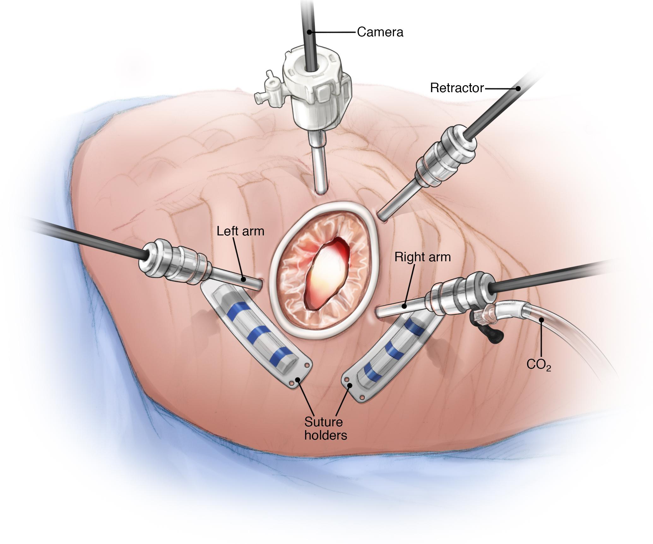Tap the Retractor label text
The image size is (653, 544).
[457, 88]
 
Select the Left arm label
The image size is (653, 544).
[240, 231]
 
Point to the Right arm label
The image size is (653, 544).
[422, 257]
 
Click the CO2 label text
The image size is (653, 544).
[538, 365]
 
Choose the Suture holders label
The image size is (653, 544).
[325, 429]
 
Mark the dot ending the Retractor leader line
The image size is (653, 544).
[518, 89]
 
